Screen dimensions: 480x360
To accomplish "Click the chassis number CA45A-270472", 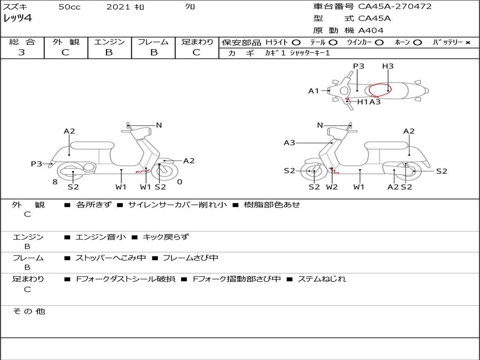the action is (395, 7).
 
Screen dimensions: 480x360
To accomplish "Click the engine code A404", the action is (371, 30).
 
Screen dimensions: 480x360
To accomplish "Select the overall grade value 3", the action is (22, 52).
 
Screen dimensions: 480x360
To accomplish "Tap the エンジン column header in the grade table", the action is (109, 42).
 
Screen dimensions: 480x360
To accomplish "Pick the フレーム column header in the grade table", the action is (153, 42).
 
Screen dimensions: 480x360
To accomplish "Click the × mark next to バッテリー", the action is (467, 42).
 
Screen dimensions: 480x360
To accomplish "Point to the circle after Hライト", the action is (296, 42).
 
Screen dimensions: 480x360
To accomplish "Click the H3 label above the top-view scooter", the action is (388, 66).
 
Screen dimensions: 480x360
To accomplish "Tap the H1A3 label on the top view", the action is (369, 102).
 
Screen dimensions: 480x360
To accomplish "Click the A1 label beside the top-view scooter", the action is (314, 91).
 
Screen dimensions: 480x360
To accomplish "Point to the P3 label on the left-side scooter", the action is (37, 164).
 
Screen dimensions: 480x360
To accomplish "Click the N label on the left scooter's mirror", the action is (159, 125).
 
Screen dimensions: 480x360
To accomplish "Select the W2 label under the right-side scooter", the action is (332, 187).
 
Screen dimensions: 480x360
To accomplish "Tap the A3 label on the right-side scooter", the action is (289, 142).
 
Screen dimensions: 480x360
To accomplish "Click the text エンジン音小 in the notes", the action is (100, 237).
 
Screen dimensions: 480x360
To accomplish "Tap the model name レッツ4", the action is (17, 19).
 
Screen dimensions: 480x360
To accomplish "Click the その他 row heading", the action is (29, 311).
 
